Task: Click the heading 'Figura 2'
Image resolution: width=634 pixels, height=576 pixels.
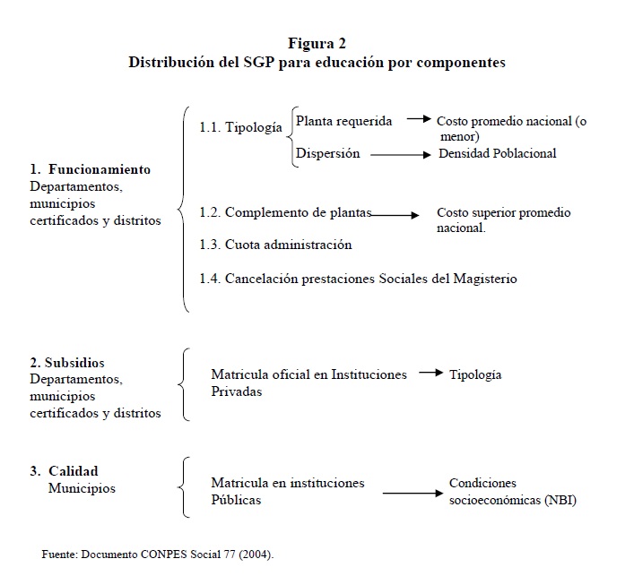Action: coord(317,44)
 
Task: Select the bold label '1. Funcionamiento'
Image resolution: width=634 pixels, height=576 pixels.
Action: coord(90,169)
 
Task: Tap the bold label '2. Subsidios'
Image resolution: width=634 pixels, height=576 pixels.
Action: coord(67,363)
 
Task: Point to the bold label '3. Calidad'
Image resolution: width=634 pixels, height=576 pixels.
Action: coord(64,471)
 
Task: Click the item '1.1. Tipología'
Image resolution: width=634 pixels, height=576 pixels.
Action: coord(240,128)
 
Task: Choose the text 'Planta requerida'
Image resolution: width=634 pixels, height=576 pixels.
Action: coord(344,121)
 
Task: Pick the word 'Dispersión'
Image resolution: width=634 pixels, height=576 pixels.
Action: coord(328,153)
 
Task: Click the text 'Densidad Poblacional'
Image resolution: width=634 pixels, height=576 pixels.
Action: coord(497,153)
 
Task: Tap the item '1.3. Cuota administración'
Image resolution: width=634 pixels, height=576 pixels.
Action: coord(275,245)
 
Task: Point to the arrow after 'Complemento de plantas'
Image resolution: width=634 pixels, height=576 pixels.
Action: coord(395,215)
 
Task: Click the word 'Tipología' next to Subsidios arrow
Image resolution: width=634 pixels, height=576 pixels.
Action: coord(475,374)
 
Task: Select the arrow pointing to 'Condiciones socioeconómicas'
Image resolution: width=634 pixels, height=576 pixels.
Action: coord(413,491)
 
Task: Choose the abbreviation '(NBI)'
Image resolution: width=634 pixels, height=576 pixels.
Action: coord(560,500)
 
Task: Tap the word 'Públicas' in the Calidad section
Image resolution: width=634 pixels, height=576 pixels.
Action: coord(236,500)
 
